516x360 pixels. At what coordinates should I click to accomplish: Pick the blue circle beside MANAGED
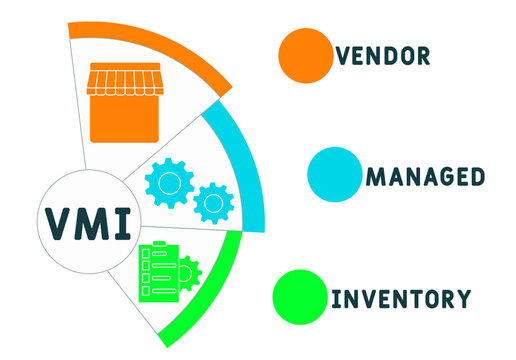pos(333,173)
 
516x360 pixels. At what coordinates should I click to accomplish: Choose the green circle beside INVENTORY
pos(299,297)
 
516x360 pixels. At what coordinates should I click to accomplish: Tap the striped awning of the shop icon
pos(125,79)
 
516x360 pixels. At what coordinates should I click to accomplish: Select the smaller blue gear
pos(212,202)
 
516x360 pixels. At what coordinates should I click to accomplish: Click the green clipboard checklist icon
pos(159,272)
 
